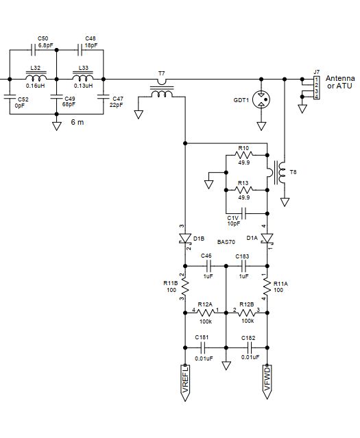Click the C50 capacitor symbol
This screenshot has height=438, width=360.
[x=34, y=50]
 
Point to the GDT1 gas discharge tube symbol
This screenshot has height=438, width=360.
[x=261, y=99]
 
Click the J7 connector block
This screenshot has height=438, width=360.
[x=316, y=88]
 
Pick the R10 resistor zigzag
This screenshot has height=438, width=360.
[x=243, y=154]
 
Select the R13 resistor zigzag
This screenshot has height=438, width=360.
[x=243, y=190]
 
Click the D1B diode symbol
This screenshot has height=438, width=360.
[x=184, y=239]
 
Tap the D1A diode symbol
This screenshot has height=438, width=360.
[x=267, y=239]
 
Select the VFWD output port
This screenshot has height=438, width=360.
[x=267, y=382]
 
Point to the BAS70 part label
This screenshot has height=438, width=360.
[x=226, y=242]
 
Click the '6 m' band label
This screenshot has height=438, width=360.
[x=77, y=122]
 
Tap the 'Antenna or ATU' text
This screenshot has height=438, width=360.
[x=340, y=82]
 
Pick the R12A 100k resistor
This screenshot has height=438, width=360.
[x=206, y=313]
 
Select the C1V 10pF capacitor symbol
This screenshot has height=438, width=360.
[x=243, y=213]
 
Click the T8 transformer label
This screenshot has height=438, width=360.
[x=293, y=172]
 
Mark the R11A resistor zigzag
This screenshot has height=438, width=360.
[x=267, y=287]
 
